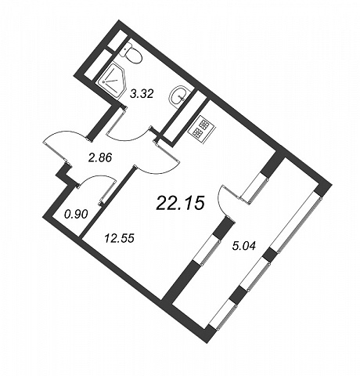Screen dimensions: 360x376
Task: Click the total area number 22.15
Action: (179, 203)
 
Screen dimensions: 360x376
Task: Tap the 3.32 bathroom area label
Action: (142, 93)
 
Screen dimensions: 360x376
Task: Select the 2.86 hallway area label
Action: (100, 158)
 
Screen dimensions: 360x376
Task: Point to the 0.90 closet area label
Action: (75, 215)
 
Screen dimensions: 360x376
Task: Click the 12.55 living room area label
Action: (119, 238)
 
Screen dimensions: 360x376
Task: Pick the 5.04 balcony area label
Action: (244, 245)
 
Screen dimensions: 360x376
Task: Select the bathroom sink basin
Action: (179, 96)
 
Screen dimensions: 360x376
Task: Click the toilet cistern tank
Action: (126, 49)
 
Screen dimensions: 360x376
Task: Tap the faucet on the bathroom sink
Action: (182, 97)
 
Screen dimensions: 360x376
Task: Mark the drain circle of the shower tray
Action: (106, 82)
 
